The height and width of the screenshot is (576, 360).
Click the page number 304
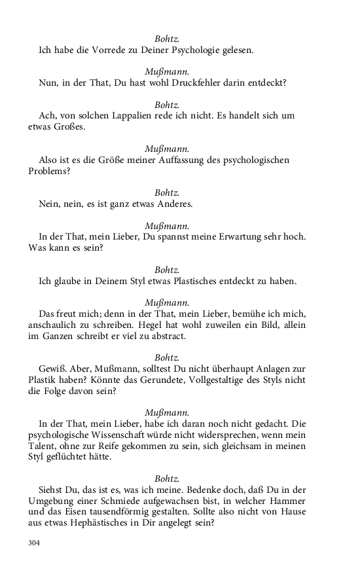coord(35,543)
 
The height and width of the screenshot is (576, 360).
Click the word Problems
coord(49,171)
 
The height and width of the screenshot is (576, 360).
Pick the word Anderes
coord(173,204)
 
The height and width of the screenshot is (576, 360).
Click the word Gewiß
coord(52,369)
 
